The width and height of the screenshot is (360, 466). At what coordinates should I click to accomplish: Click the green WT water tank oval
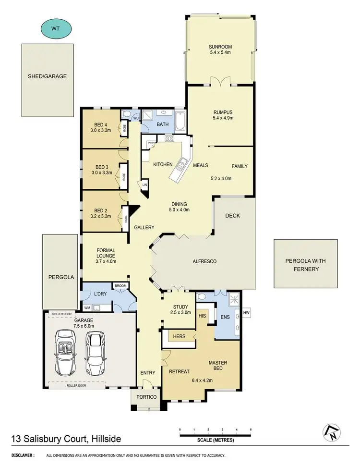(x=57, y=28)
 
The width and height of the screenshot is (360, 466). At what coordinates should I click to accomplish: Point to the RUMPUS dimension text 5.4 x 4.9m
(x=219, y=118)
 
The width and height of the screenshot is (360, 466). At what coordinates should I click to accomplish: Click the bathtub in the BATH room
(x=180, y=122)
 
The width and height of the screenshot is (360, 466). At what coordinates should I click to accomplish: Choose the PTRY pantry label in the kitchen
(x=151, y=142)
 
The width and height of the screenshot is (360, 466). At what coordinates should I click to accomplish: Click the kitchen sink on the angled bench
(x=181, y=166)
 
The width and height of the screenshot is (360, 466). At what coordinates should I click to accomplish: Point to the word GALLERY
(x=144, y=227)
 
